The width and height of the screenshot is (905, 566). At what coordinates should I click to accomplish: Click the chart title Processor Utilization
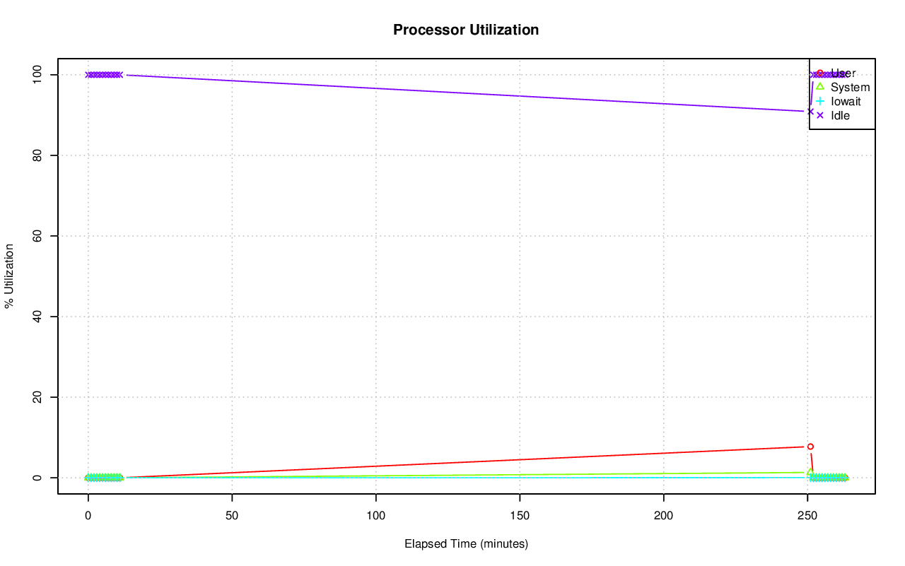(466, 30)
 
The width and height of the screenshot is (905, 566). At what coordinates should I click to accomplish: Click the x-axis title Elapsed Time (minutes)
(466, 544)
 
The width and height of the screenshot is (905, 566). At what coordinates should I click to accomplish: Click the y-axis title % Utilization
(10, 276)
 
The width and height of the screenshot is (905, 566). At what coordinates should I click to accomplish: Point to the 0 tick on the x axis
(88, 516)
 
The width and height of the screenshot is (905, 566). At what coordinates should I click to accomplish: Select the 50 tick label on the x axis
(232, 516)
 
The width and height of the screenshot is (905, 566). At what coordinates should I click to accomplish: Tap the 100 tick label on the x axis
(375, 516)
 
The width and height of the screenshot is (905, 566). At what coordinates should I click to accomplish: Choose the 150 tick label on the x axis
(520, 516)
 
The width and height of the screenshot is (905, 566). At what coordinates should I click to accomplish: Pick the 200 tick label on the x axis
(664, 516)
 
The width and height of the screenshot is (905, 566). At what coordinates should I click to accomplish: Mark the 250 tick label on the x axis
(807, 516)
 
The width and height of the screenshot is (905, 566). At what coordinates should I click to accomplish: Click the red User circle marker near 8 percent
(810, 447)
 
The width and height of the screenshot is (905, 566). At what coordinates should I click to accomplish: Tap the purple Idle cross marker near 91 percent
(810, 111)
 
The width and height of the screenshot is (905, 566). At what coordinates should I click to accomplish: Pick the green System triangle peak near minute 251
(810, 472)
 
